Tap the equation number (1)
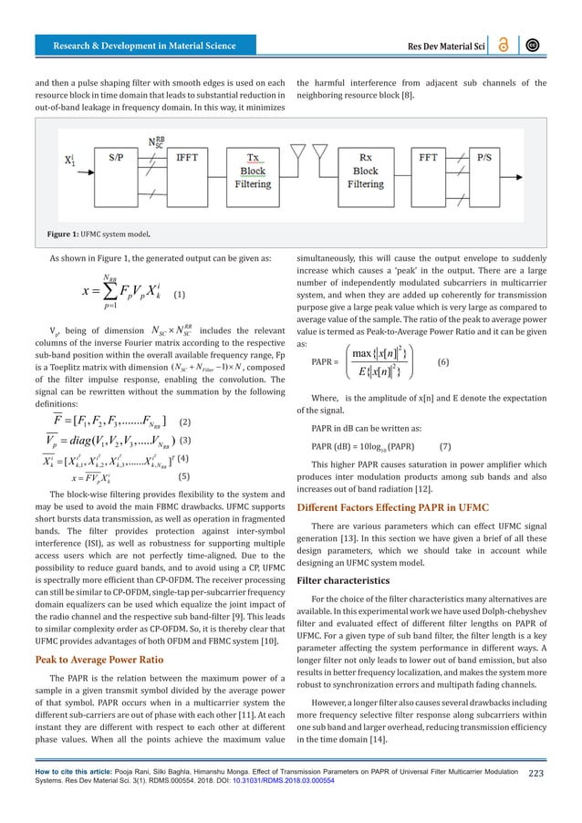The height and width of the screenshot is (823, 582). pos(180,295)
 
